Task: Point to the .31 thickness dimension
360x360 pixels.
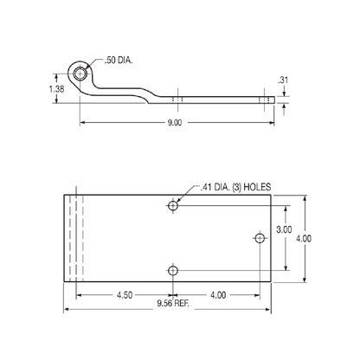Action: [283, 81]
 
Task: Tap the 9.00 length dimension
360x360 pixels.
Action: [174, 124]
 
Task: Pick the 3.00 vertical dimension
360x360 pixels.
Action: [283, 229]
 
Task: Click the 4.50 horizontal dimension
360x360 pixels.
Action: [124, 295]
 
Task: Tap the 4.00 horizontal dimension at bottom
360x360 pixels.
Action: [216, 295]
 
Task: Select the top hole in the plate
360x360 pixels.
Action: [173, 205]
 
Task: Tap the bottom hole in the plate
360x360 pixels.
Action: [173, 271]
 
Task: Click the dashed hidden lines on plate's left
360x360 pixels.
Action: [78, 237]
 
